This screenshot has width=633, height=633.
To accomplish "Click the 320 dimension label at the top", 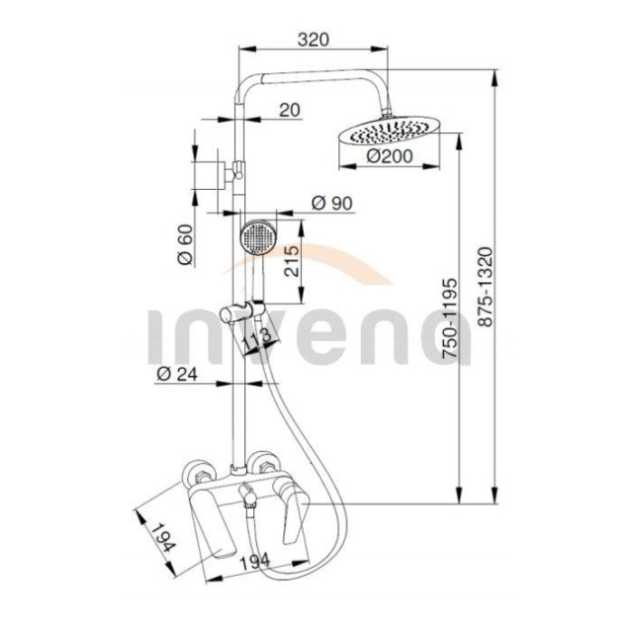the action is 313,40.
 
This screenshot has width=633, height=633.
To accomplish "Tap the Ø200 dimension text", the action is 390,156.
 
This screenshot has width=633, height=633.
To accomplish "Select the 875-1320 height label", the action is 485,287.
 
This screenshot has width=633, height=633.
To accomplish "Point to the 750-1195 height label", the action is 450,317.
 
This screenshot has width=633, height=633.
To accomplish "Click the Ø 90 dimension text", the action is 332,203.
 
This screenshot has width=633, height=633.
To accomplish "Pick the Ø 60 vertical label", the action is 185,244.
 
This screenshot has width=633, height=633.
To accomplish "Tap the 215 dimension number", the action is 292,261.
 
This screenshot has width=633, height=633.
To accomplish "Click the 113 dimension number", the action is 258,338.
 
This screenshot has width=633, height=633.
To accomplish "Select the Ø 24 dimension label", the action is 177,374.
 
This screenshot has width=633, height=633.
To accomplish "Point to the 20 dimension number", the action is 290,109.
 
